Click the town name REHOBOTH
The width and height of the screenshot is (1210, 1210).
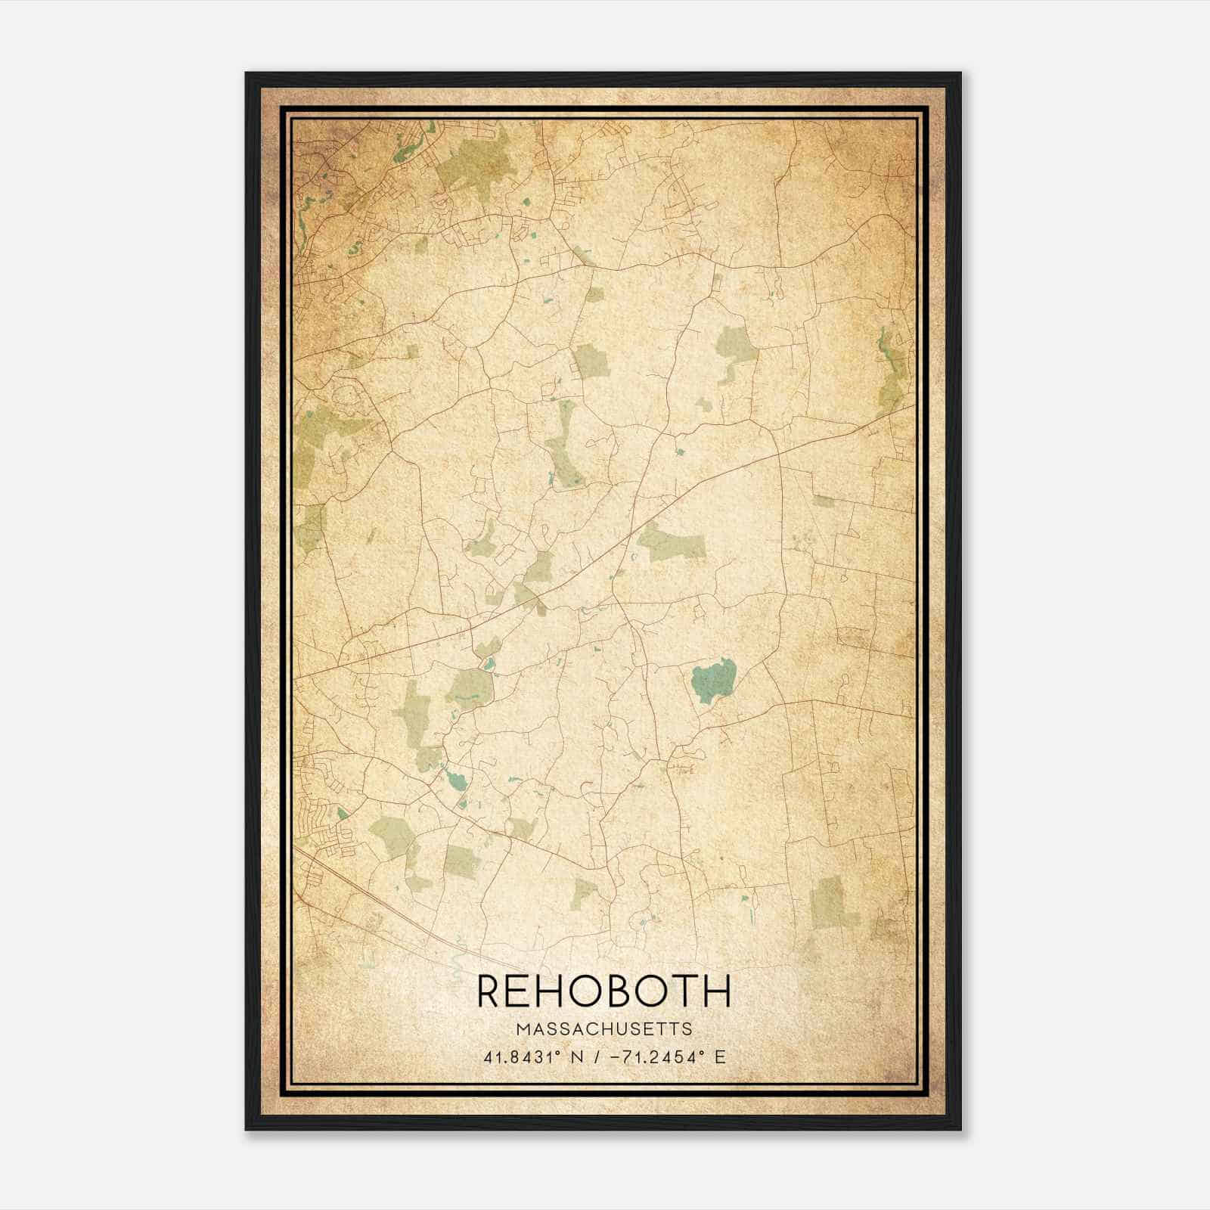(604, 991)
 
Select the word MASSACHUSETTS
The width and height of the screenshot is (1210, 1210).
(604, 1029)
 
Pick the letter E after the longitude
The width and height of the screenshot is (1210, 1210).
(719, 1056)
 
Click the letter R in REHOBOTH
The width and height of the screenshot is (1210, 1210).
(490, 991)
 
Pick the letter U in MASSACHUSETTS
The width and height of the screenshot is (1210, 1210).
(625, 1029)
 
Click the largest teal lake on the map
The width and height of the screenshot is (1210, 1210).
(713, 678)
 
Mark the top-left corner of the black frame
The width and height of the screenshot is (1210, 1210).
(247, 73)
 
